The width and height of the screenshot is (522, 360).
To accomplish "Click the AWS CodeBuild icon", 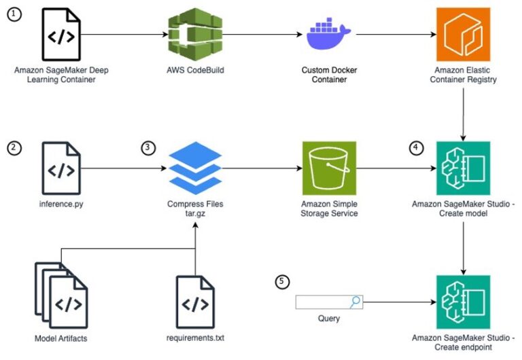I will point(187,33).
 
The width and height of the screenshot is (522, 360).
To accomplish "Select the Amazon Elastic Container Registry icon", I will point(464,33).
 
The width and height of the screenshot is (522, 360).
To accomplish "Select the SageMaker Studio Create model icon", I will point(464,167).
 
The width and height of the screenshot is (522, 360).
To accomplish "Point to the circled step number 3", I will point(149,147).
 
